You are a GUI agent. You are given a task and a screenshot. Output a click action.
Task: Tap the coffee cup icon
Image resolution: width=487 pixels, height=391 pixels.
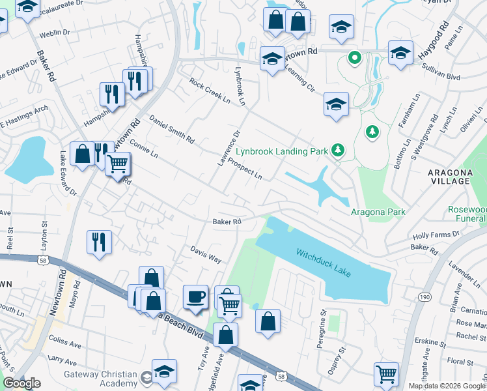tap(195, 297)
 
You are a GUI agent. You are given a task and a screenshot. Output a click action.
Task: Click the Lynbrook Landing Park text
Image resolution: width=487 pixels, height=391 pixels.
tap(281, 151)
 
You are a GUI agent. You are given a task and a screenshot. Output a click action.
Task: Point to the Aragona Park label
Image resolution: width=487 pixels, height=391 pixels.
tap(378, 212)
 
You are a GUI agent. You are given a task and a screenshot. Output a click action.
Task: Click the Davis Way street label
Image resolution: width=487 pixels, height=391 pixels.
tap(206, 254)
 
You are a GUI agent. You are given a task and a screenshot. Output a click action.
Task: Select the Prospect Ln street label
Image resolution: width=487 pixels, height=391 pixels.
tap(245, 169)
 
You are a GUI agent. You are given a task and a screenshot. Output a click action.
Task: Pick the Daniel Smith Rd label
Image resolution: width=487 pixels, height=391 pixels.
tap(172, 130)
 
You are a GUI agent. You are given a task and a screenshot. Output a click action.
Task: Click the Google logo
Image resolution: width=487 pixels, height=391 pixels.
tap(21, 383)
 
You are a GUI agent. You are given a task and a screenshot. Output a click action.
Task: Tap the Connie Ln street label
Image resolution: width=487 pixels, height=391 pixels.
tap(144, 147)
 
